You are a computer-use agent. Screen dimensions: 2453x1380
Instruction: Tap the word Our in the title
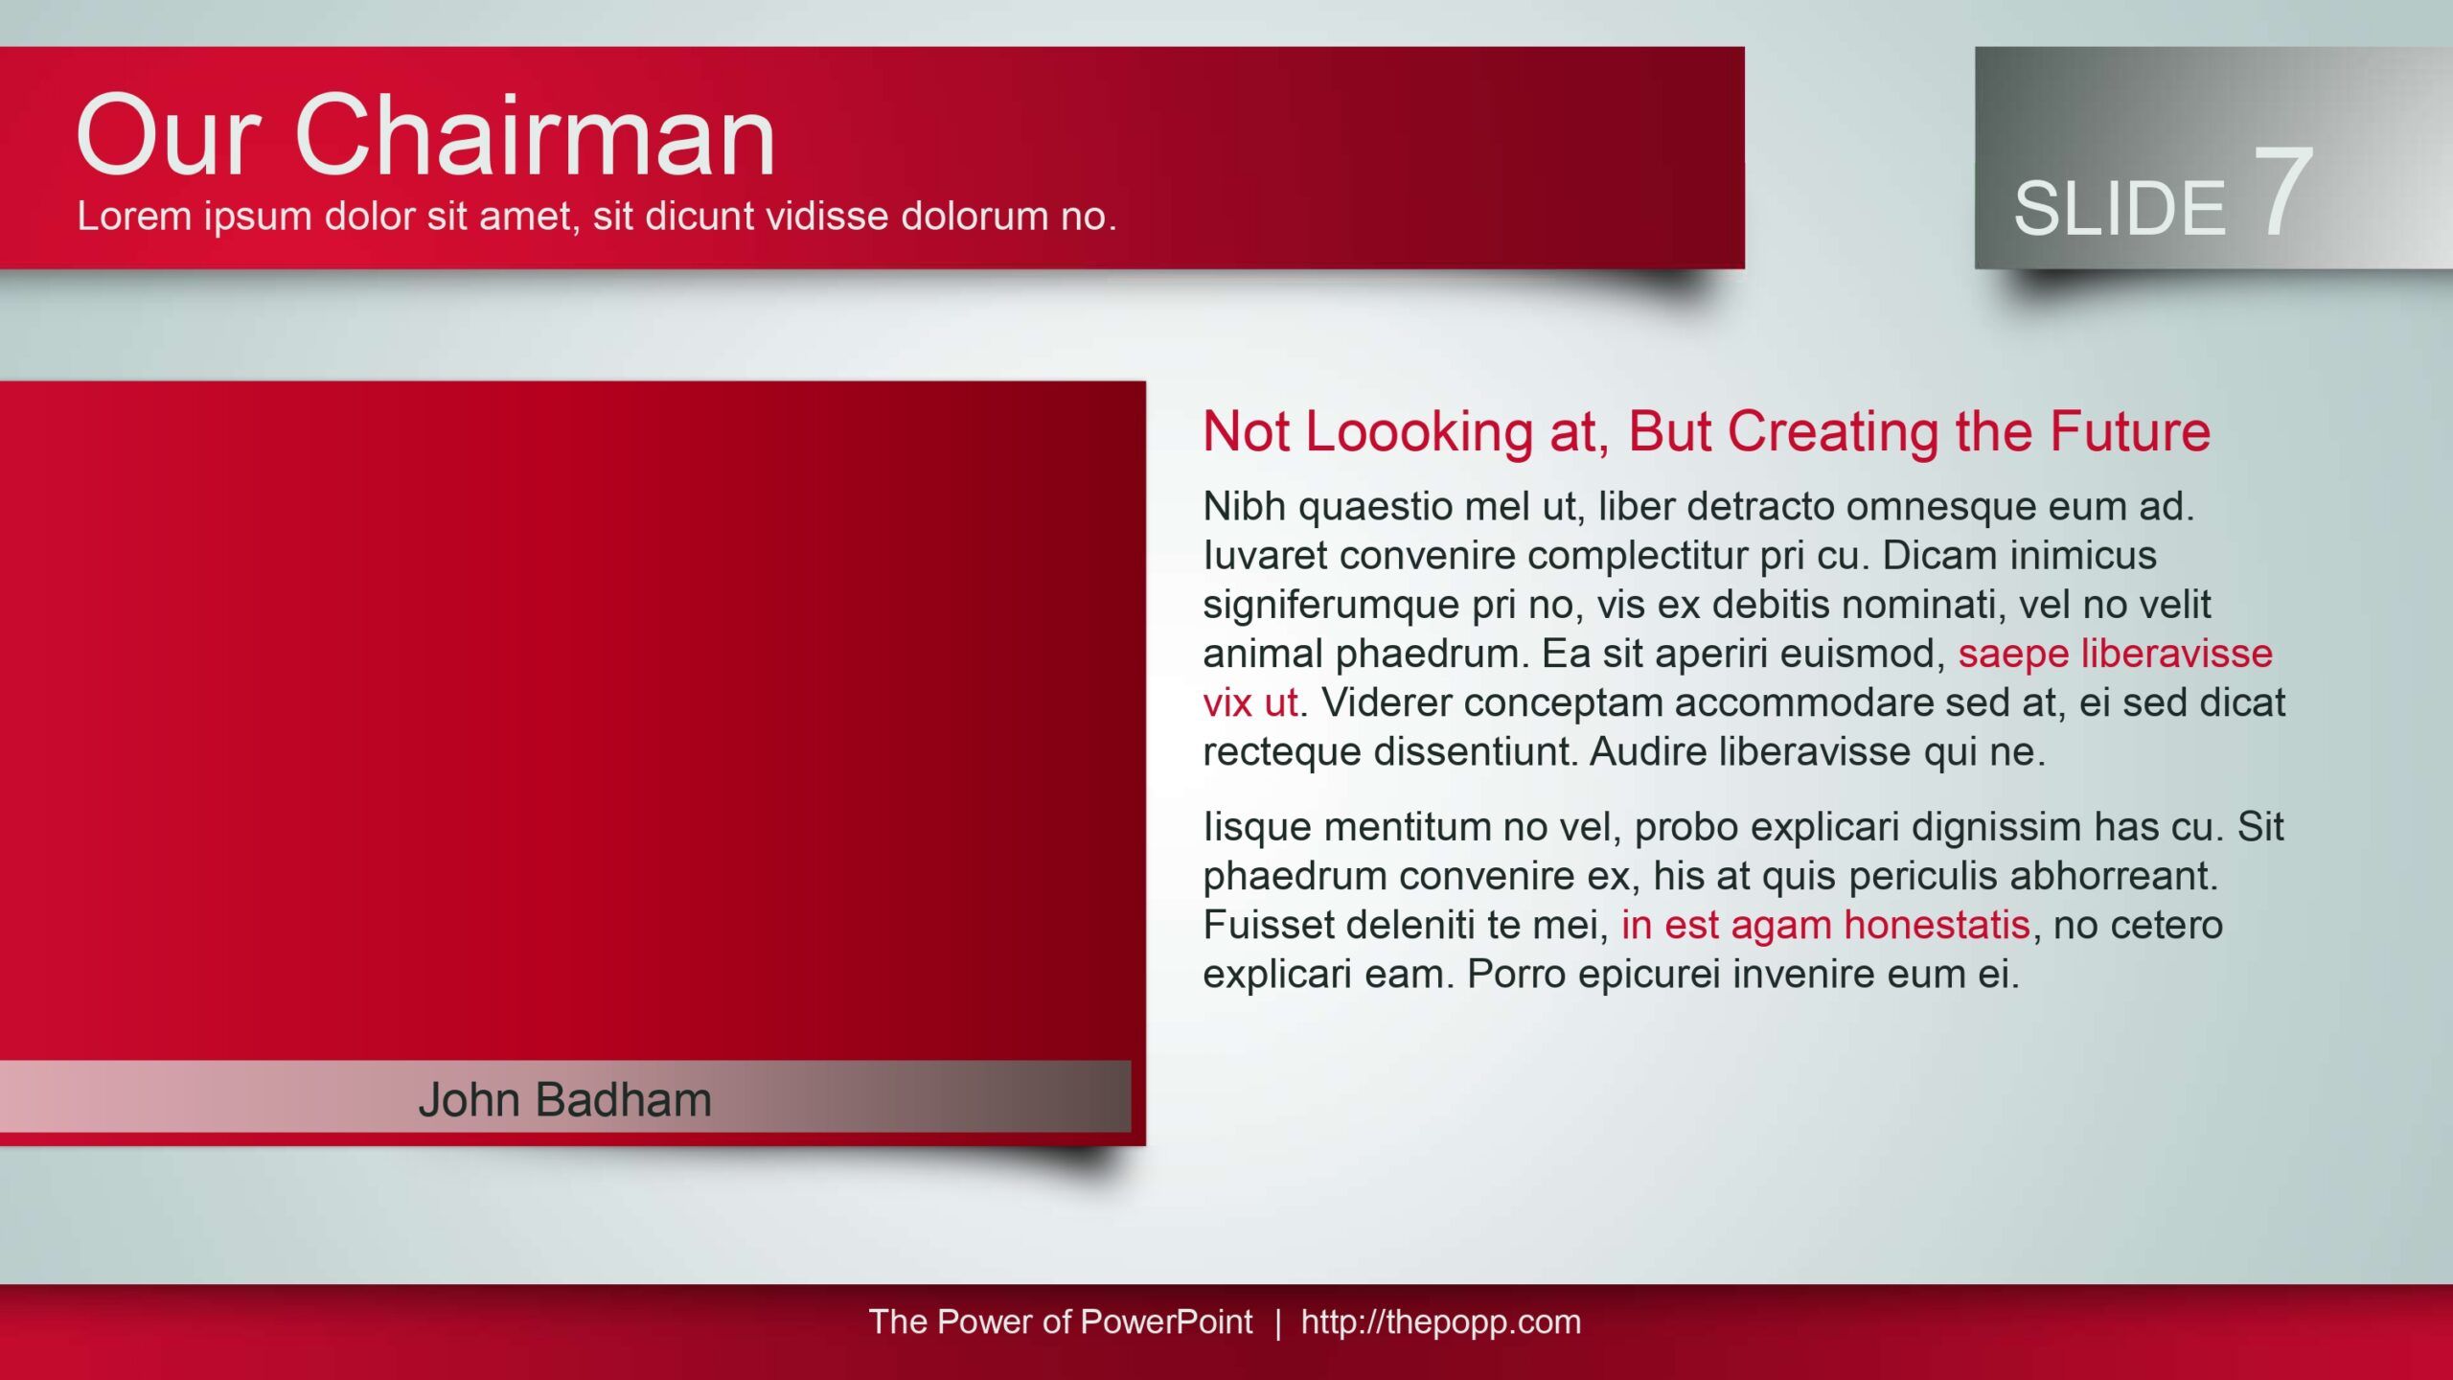pyautogui.click(x=169, y=136)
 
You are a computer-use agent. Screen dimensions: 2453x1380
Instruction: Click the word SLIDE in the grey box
pyautogui.click(x=2120, y=208)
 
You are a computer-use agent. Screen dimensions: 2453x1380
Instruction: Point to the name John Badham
pyautogui.click(x=565, y=1099)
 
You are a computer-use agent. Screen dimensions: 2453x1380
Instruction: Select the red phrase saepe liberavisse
pyautogui.click(x=2115, y=653)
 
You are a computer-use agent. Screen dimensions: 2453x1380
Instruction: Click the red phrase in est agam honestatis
pyautogui.click(x=1825, y=925)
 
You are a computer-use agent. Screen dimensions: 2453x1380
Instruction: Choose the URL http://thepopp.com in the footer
pyautogui.click(x=1440, y=1322)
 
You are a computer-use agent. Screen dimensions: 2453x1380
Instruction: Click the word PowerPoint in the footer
pyautogui.click(x=1166, y=1322)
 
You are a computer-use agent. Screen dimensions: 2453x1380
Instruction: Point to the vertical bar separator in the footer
pyautogui.click(x=1277, y=1322)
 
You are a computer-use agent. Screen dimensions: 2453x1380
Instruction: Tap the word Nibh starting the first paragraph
pyautogui.click(x=1244, y=506)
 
